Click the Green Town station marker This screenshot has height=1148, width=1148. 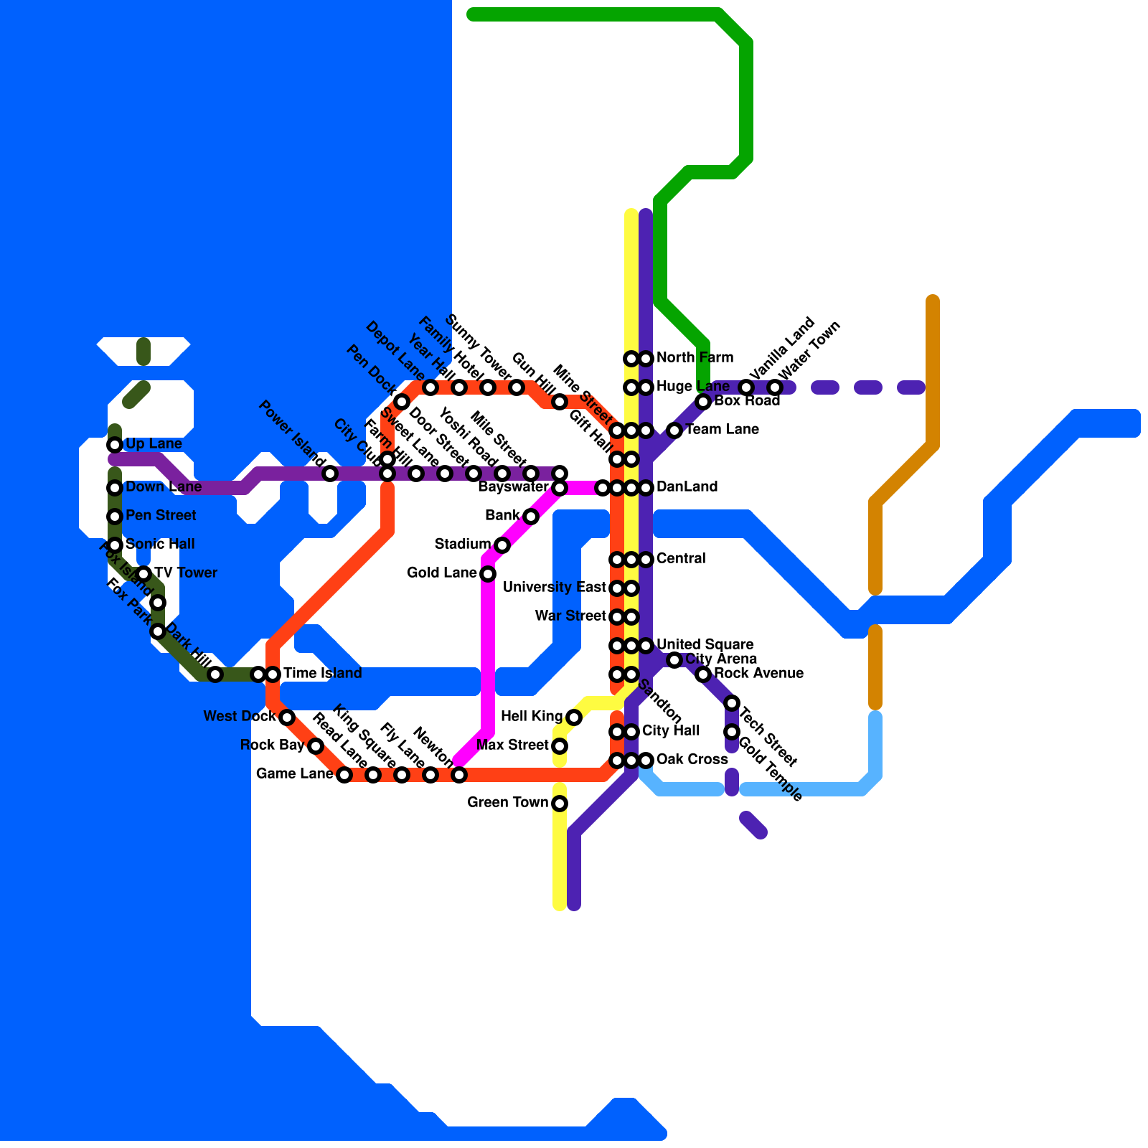click(560, 804)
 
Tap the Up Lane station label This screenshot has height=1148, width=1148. click(154, 444)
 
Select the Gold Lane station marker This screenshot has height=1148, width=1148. click(488, 574)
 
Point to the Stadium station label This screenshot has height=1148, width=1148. click(462, 545)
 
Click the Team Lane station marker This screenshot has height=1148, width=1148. click(674, 430)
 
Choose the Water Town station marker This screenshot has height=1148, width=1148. click(775, 387)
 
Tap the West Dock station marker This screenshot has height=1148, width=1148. click(287, 717)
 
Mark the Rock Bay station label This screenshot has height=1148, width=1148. click(272, 745)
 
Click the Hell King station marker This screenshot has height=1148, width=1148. click(574, 717)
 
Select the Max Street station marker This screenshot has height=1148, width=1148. click(560, 746)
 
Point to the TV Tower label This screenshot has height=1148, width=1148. click(185, 573)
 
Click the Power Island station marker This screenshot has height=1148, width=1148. click(330, 474)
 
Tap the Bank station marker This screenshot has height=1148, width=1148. click(531, 517)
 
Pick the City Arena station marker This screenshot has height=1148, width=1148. click(674, 660)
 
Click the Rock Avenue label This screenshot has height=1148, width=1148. click(758, 674)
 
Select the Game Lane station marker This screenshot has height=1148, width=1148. click(344, 775)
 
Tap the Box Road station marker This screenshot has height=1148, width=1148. click(703, 402)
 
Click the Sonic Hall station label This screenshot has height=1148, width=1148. click(160, 545)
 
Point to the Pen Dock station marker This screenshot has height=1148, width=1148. click(402, 402)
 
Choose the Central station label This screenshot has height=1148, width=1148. click(681, 559)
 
